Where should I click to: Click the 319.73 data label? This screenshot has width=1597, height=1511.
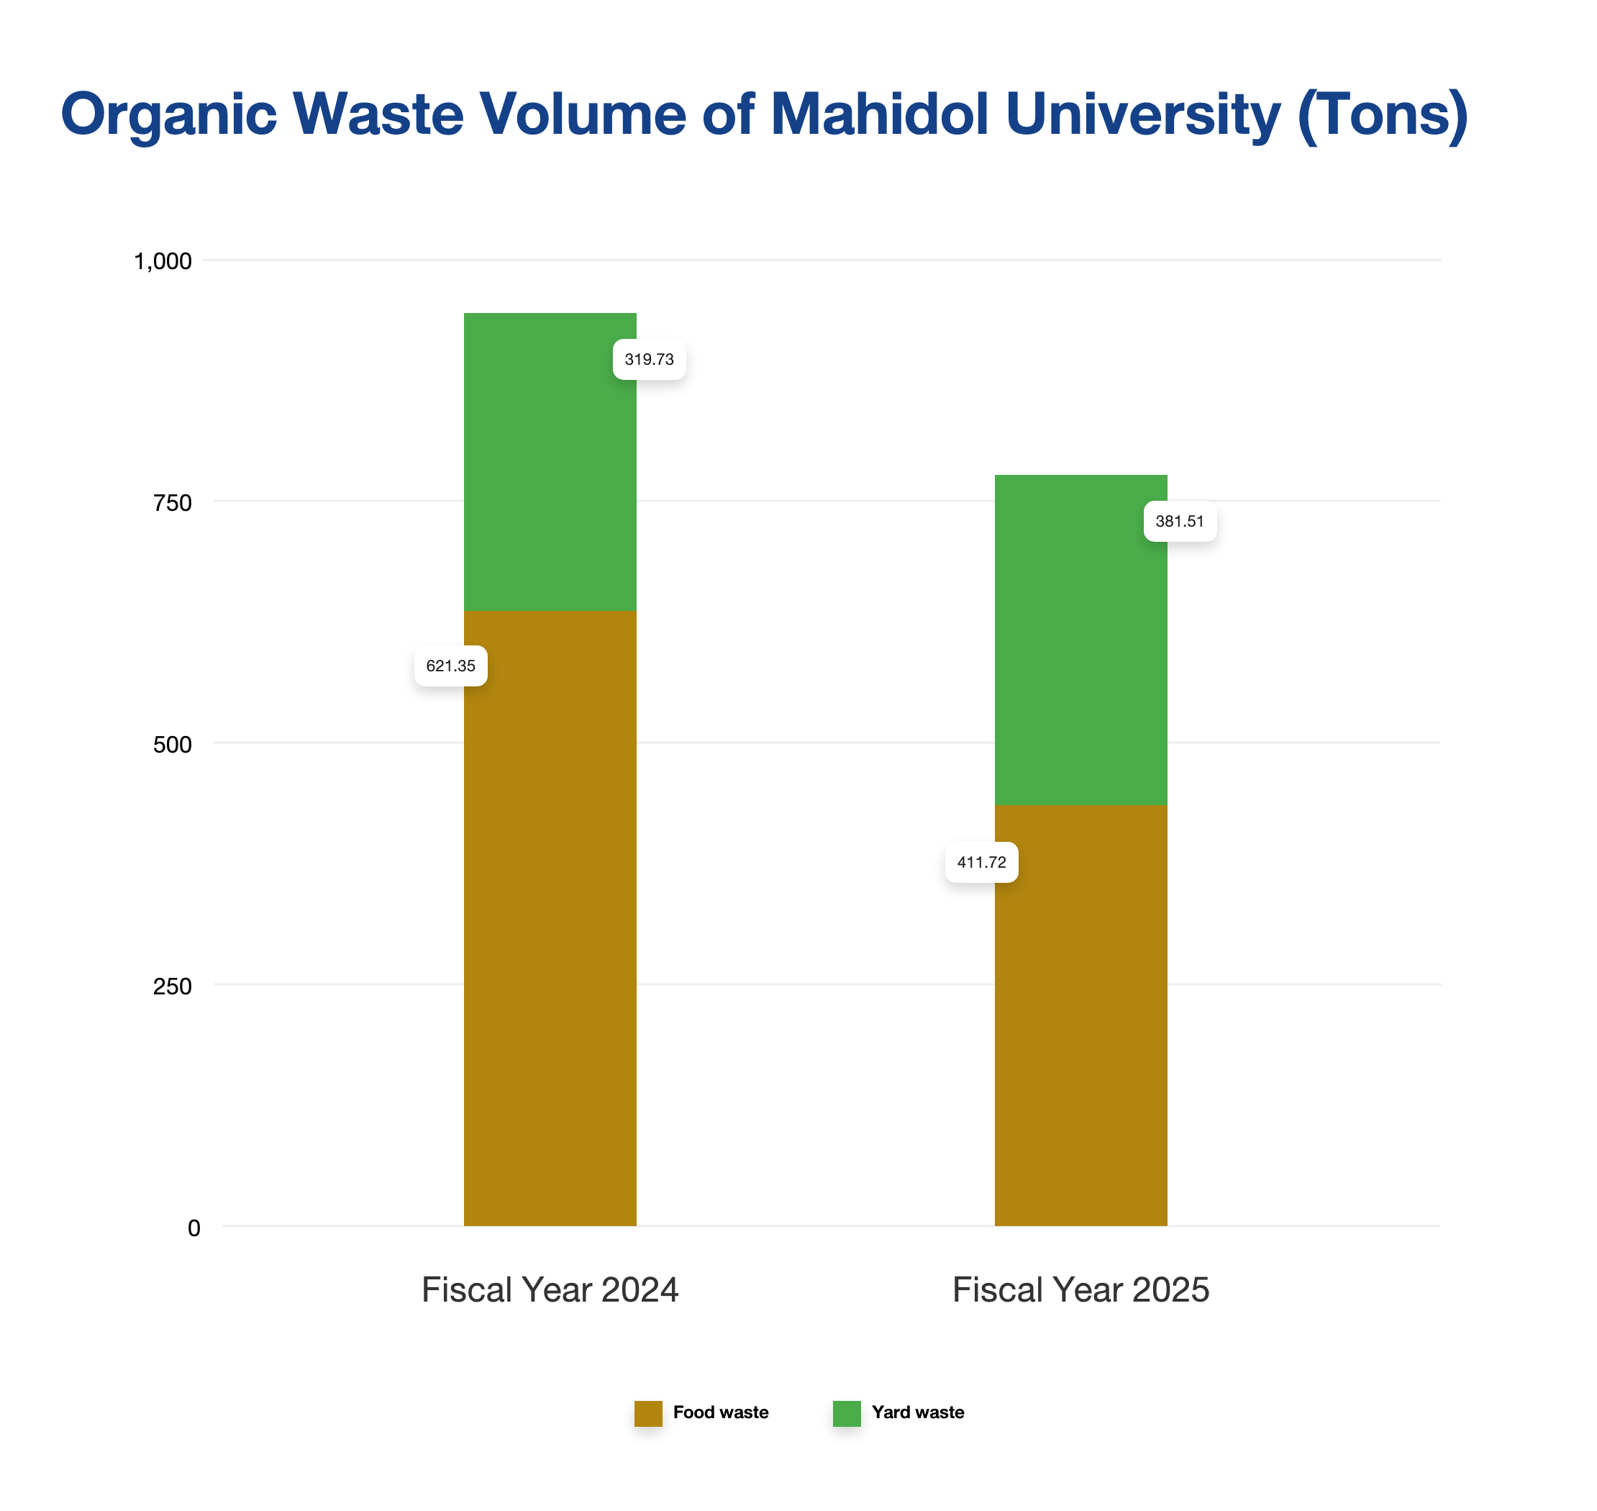point(649,359)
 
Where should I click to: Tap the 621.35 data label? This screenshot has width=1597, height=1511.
point(450,666)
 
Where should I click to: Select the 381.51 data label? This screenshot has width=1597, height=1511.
point(1179,521)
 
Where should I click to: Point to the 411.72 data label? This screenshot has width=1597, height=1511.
point(981,863)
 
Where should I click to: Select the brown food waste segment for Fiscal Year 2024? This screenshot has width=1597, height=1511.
point(550,926)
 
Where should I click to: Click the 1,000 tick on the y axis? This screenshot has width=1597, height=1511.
point(162,261)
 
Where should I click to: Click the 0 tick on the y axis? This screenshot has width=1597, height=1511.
point(194,1228)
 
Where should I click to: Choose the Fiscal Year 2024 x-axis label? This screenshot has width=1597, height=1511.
point(550,1289)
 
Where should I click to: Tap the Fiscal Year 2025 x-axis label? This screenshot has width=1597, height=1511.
point(1080,1289)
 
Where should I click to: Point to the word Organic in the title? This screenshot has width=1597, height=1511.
point(168,114)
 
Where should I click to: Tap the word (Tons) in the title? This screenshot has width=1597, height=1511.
point(1382,114)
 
